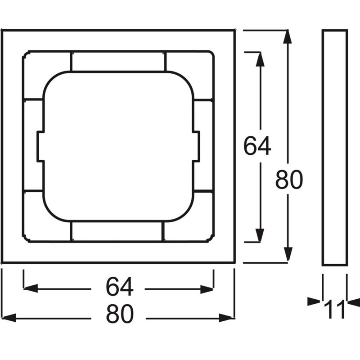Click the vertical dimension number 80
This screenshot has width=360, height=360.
[289, 180]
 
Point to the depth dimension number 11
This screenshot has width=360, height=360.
[335, 309]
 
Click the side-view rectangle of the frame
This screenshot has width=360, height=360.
[334, 148]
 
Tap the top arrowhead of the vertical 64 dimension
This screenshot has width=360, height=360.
[260, 58]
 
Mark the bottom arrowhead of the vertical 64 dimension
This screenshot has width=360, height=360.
[260, 235]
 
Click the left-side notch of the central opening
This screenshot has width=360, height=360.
[40, 145]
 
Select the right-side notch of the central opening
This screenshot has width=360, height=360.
[196, 145]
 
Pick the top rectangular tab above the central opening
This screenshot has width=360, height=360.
[118, 61]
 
